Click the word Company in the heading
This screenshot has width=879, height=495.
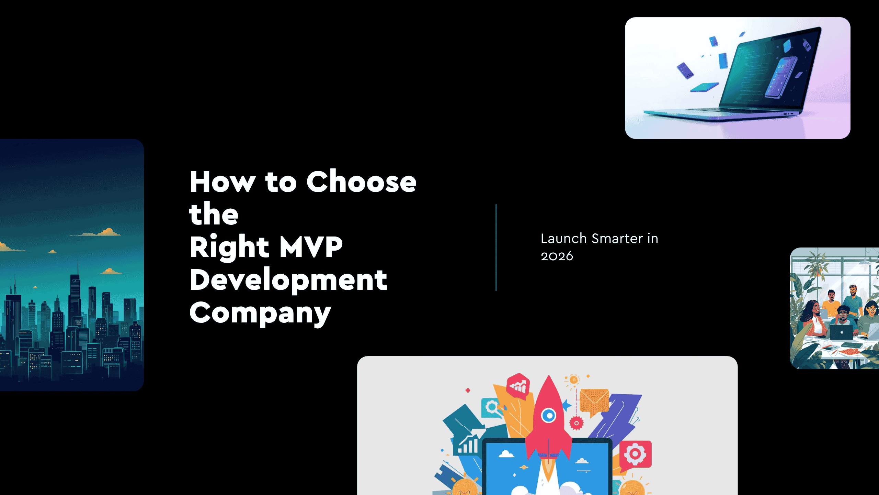(260, 313)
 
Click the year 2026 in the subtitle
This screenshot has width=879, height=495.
(557, 256)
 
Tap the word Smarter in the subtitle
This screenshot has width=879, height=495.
(617, 239)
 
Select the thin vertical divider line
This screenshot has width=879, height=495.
(496, 247)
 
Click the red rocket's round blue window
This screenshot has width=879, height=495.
(549, 416)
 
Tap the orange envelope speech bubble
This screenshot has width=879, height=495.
(594, 400)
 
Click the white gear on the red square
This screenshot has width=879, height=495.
(635, 454)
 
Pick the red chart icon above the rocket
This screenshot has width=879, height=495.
(518, 386)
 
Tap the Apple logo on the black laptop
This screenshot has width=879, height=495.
(842, 332)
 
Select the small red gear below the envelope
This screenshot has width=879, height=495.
(577, 423)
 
